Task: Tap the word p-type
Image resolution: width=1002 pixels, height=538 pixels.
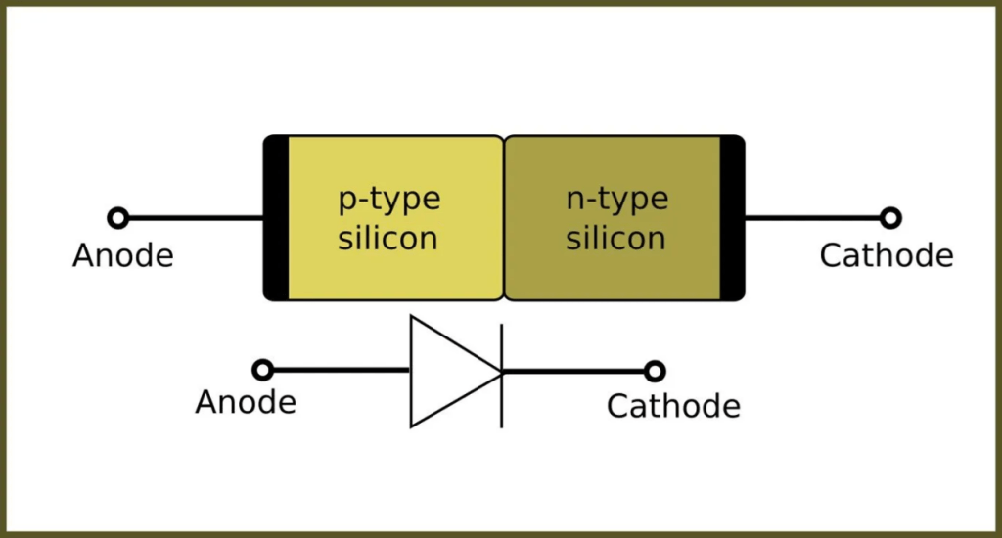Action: [389, 199]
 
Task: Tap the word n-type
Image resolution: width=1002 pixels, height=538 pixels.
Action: [617, 199]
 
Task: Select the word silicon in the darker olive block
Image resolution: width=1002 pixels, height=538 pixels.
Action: [615, 238]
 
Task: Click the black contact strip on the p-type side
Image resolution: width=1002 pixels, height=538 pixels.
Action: [277, 217]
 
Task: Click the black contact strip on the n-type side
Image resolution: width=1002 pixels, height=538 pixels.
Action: [732, 217]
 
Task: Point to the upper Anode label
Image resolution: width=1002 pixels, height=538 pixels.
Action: [123, 256]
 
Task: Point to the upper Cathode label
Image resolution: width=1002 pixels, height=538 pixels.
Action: [886, 256]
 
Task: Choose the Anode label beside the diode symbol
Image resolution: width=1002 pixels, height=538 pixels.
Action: [246, 402]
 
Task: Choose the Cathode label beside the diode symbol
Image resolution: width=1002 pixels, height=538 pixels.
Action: [673, 405]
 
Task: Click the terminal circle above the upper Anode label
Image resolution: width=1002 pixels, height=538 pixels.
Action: [118, 218]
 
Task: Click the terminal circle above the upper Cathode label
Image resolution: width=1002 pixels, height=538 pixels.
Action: [889, 218]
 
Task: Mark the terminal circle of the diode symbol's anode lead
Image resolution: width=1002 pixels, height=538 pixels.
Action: [262, 370]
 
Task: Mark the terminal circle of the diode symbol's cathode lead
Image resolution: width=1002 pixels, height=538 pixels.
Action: [655, 372]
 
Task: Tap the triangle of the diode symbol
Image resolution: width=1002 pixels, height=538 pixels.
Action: [445, 371]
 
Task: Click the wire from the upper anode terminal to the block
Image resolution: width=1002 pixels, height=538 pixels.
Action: [196, 218]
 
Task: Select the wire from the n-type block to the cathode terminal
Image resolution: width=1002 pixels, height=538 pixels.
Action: [812, 218]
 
